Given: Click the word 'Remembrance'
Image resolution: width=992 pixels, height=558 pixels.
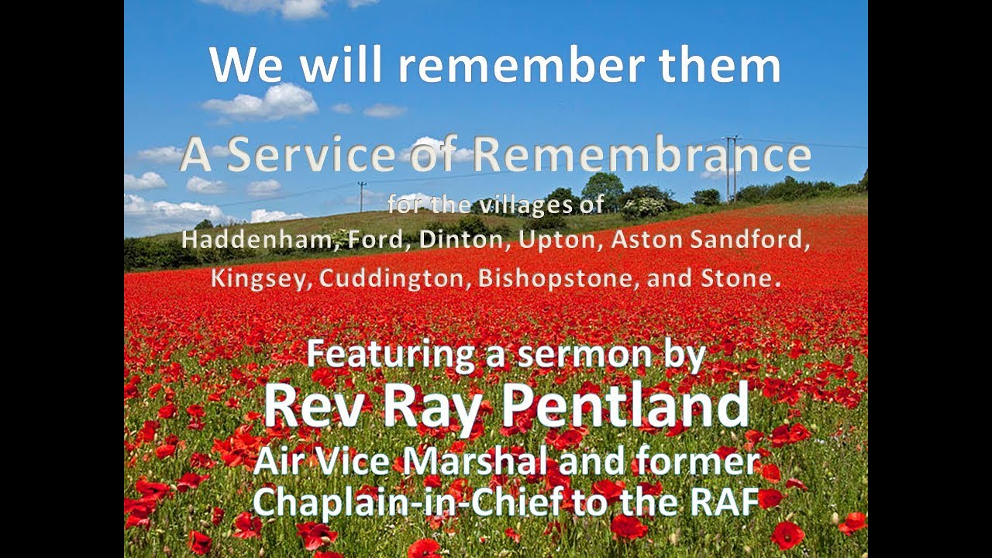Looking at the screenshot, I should [642, 155].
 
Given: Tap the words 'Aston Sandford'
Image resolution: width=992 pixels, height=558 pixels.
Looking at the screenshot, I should [710, 239].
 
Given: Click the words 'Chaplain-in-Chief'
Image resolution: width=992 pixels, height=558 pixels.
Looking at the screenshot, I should [408, 501].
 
